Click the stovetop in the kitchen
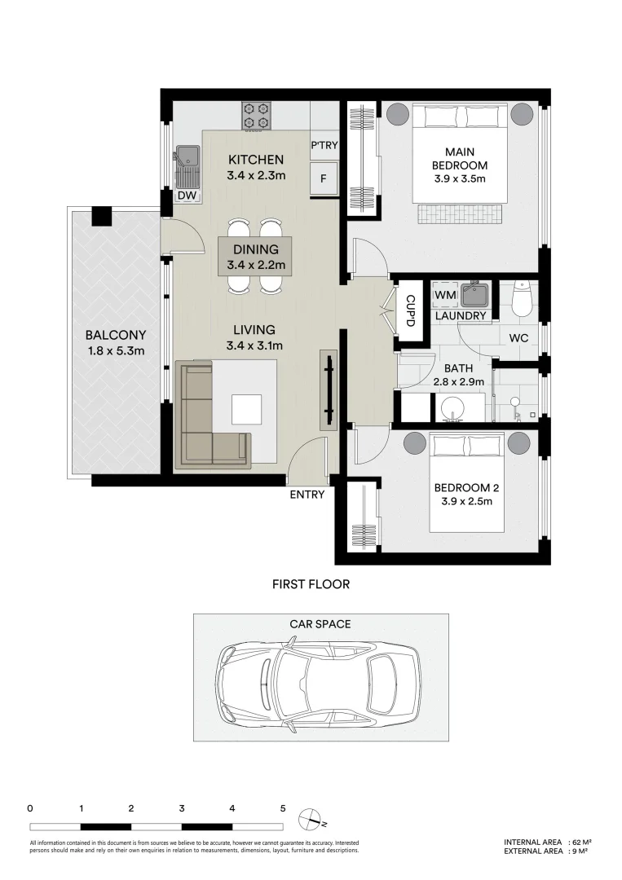[257, 116]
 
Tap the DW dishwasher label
[187, 196]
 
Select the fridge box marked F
[324, 179]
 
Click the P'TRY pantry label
[324, 145]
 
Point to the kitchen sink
[187, 167]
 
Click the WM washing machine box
[445, 295]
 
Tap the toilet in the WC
[522, 298]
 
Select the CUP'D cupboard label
[410, 311]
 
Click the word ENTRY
[307, 495]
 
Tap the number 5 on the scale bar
[283, 809]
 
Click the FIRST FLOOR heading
[311, 584]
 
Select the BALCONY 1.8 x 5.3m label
[116, 343]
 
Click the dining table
[256, 256]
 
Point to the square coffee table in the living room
[247, 410]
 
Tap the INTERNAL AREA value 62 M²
[581, 842]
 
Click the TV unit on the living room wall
[329, 390]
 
